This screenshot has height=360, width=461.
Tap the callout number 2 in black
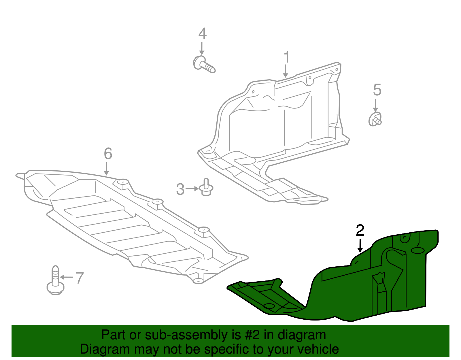[360, 230]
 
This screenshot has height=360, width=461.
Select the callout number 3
[180, 189]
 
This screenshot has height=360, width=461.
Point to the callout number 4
[202, 34]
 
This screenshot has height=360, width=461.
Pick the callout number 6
[108, 154]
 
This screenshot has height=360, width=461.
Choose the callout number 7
[80, 278]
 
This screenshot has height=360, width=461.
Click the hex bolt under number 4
[203, 64]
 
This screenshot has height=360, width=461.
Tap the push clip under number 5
[375, 119]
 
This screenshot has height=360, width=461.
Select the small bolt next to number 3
[206, 188]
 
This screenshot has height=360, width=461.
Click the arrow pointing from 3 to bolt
[192, 189]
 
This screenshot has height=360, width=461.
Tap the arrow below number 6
[106, 169]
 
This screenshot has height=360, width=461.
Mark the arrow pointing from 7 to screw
[67, 277]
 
